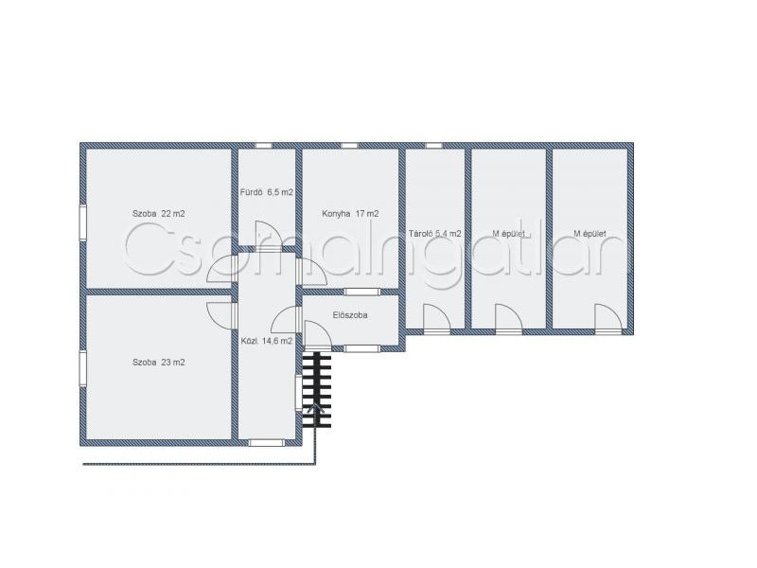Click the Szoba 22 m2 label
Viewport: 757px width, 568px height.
[x=158, y=214]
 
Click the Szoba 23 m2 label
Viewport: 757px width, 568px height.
[x=158, y=363]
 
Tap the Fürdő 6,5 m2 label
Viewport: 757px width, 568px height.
[x=267, y=192]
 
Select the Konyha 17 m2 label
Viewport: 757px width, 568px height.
[x=350, y=214]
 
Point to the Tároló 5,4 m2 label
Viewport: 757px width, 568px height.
[x=434, y=234]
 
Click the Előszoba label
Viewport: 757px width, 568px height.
[x=350, y=315]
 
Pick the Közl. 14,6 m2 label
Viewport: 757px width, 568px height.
[x=267, y=341]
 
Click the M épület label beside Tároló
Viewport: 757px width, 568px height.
[x=508, y=234]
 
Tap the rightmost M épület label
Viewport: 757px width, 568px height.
[x=590, y=234]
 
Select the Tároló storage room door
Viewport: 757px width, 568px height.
[x=437, y=318]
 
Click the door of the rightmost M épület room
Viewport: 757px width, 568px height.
[x=607, y=318]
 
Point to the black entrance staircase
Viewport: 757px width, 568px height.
[x=317, y=390]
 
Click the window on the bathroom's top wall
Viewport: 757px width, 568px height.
[x=263, y=146]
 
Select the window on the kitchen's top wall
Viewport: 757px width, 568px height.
[x=349, y=146]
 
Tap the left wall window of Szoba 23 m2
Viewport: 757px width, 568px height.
[x=83, y=368]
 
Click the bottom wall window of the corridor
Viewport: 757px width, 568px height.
[x=266, y=442]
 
